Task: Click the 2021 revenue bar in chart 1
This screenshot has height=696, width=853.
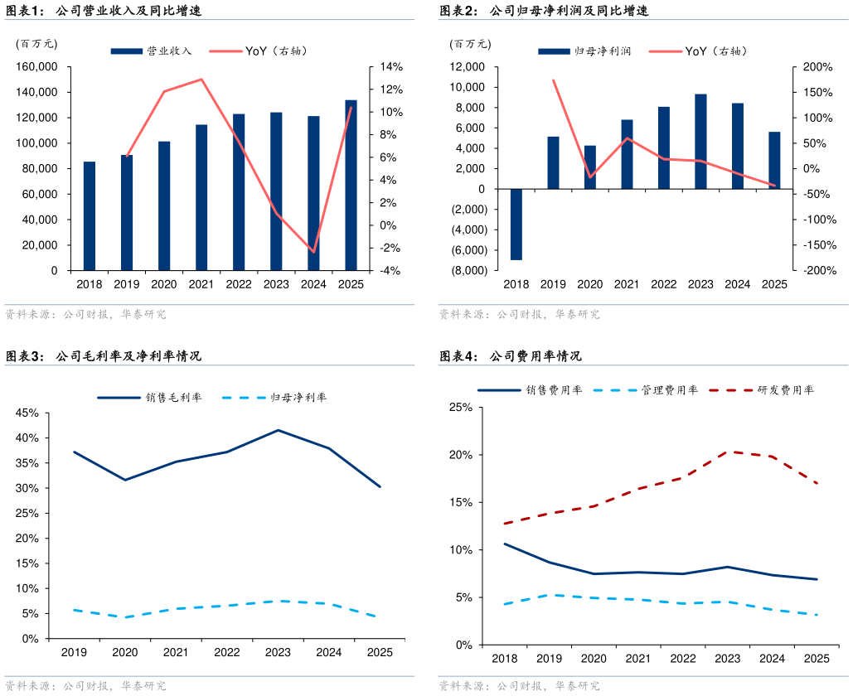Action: click(201, 197)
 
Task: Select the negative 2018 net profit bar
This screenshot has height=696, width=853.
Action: click(516, 225)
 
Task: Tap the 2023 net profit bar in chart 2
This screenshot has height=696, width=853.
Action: click(700, 142)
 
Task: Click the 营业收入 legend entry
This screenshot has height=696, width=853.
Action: click(151, 51)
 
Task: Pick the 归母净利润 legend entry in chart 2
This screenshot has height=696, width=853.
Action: click(584, 51)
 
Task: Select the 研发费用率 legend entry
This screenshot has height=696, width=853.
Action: click(762, 390)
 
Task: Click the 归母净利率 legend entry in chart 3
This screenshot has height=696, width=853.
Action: click(274, 398)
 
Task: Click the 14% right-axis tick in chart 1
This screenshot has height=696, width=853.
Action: click(391, 67)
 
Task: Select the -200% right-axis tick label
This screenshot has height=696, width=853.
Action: click(820, 270)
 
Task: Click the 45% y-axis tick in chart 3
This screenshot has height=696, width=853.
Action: click(27, 413)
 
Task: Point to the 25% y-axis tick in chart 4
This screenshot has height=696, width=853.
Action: click(461, 408)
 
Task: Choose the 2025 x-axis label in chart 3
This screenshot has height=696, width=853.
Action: click(380, 652)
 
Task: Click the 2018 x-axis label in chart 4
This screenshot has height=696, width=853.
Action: click(505, 659)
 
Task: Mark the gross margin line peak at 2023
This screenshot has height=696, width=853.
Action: click(278, 430)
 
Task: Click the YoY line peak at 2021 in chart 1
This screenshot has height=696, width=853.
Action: click(201, 80)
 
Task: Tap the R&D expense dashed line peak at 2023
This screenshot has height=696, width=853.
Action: click(728, 452)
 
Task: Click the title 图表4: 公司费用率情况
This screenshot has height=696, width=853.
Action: click(511, 356)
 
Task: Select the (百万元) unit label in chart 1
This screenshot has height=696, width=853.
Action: click(36, 44)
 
